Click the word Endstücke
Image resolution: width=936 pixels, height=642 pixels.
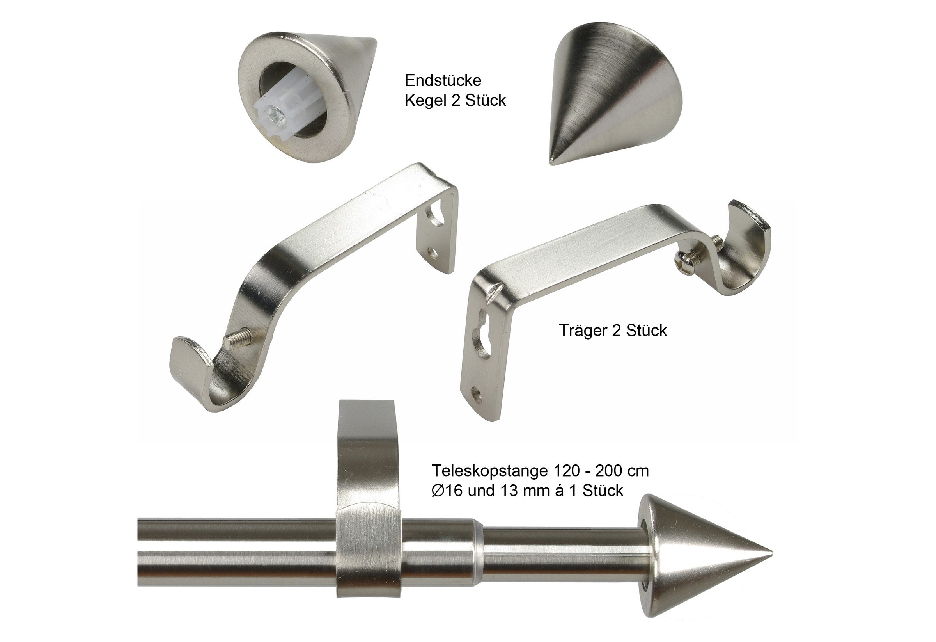tap(443, 81)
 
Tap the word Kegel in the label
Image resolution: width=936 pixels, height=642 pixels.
tap(426, 100)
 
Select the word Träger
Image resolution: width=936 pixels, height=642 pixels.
tap(583, 331)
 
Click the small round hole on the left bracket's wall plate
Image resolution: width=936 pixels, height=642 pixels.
tap(433, 253)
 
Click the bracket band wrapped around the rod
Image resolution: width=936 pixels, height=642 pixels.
tap(368, 552)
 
